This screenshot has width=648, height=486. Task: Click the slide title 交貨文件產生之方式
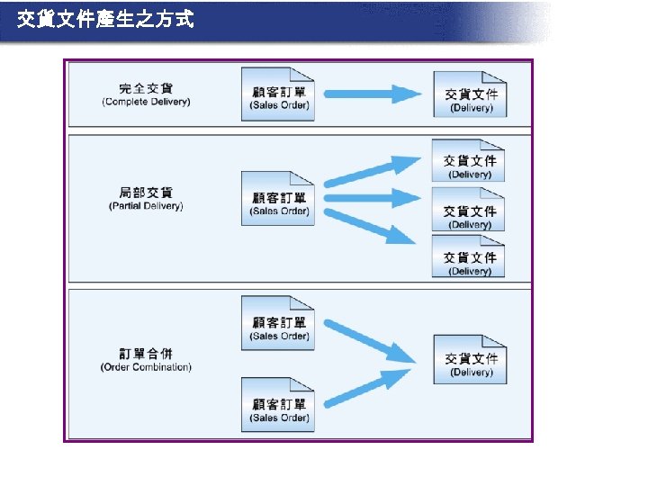click(x=105, y=19)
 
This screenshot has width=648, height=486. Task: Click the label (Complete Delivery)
click(x=146, y=102)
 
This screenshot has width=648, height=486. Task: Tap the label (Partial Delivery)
click(x=146, y=206)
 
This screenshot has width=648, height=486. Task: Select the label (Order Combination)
click(x=146, y=366)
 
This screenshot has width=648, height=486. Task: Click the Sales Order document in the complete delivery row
click(x=278, y=94)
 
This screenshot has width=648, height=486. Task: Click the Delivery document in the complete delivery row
click(x=470, y=94)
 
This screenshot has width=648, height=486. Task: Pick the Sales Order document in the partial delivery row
click(x=278, y=200)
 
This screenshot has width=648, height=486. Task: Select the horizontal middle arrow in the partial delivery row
click(x=371, y=197)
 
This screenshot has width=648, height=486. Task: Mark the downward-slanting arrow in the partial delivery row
click(x=371, y=226)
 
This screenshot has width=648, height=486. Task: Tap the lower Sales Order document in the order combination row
click(x=278, y=406)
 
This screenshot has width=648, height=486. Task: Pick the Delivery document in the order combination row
click(x=470, y=360)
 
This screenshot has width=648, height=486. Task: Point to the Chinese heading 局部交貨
click(x=146, y=193)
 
